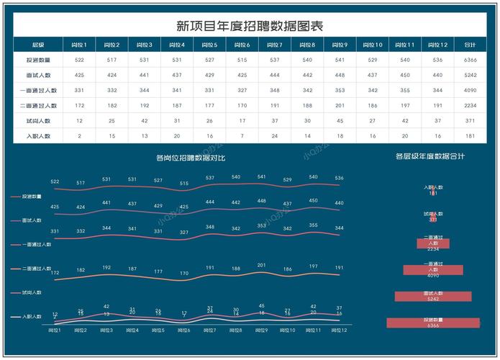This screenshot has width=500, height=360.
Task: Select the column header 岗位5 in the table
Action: [209, 45]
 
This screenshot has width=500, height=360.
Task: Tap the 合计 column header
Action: [471, 45]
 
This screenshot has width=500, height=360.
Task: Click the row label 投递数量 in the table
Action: [37, 60]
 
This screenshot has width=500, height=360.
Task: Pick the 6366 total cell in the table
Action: [471, 60]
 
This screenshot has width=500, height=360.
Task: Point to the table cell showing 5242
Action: [471, 75]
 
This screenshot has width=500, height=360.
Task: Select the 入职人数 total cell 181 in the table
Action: [471, 135]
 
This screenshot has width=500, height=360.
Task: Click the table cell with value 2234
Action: [471, 105]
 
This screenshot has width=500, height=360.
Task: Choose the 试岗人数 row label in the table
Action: [37, 120]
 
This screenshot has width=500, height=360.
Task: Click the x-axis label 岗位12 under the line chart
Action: [339, 330]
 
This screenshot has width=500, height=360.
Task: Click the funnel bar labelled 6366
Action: [433, 323]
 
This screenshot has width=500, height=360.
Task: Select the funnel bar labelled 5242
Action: [433, 296]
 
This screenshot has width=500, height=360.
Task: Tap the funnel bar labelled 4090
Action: [433, 270]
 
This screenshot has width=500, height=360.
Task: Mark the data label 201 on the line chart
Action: [262, 265]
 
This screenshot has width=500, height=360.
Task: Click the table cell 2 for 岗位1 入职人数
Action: [79, 135]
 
